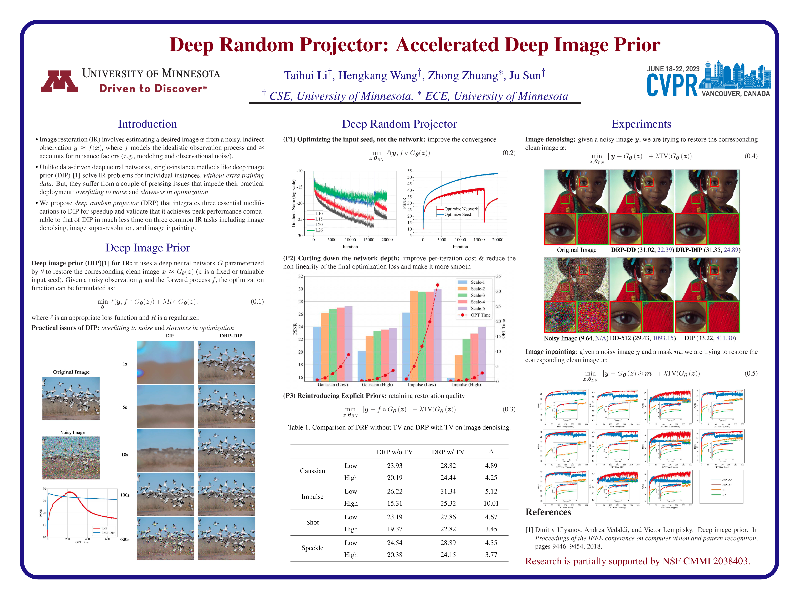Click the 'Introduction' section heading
(x=147, y=124)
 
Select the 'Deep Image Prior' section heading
(x=147, y=248)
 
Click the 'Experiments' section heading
(x=641, y=124)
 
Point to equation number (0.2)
(x=509, y=153)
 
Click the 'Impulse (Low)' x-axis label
(x=422, y=385)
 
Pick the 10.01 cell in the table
(x=491, y=503)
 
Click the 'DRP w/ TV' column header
(x=448, y=452)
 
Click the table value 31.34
(x=448, y=491)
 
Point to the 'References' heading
(x=548, y=512)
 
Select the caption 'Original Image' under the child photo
(x=577, y=250)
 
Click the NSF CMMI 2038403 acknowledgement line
(x=638, y=561)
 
